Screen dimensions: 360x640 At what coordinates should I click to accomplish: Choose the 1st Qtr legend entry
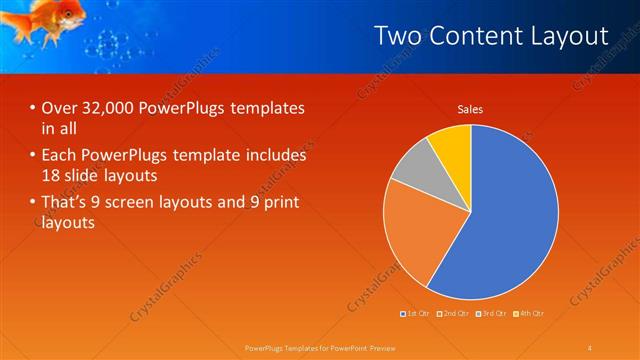click(415, 314)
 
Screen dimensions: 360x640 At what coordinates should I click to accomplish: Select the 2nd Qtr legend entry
click(454, 314)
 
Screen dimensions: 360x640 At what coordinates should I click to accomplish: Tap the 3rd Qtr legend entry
click(492, 314)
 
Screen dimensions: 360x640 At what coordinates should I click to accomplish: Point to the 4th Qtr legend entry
click(529, 314)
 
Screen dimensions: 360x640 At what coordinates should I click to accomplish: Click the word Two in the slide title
click(398, 36)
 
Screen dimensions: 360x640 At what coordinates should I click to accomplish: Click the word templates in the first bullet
click(268, 108)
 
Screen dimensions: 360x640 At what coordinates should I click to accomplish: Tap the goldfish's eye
click(68, 13)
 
